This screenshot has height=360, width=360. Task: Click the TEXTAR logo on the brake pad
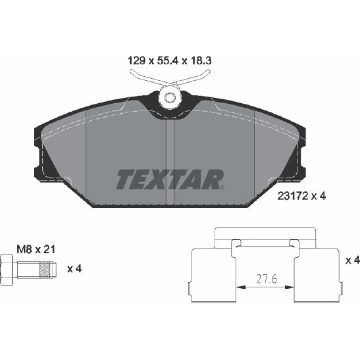(x=170, y=179)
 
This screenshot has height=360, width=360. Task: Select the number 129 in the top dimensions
(x=136, y=61)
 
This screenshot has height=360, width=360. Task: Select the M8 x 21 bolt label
(x=36, y=249)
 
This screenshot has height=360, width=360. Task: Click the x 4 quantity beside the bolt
(x=75, y=269)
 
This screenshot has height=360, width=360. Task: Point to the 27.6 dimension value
(x=266, y=279)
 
